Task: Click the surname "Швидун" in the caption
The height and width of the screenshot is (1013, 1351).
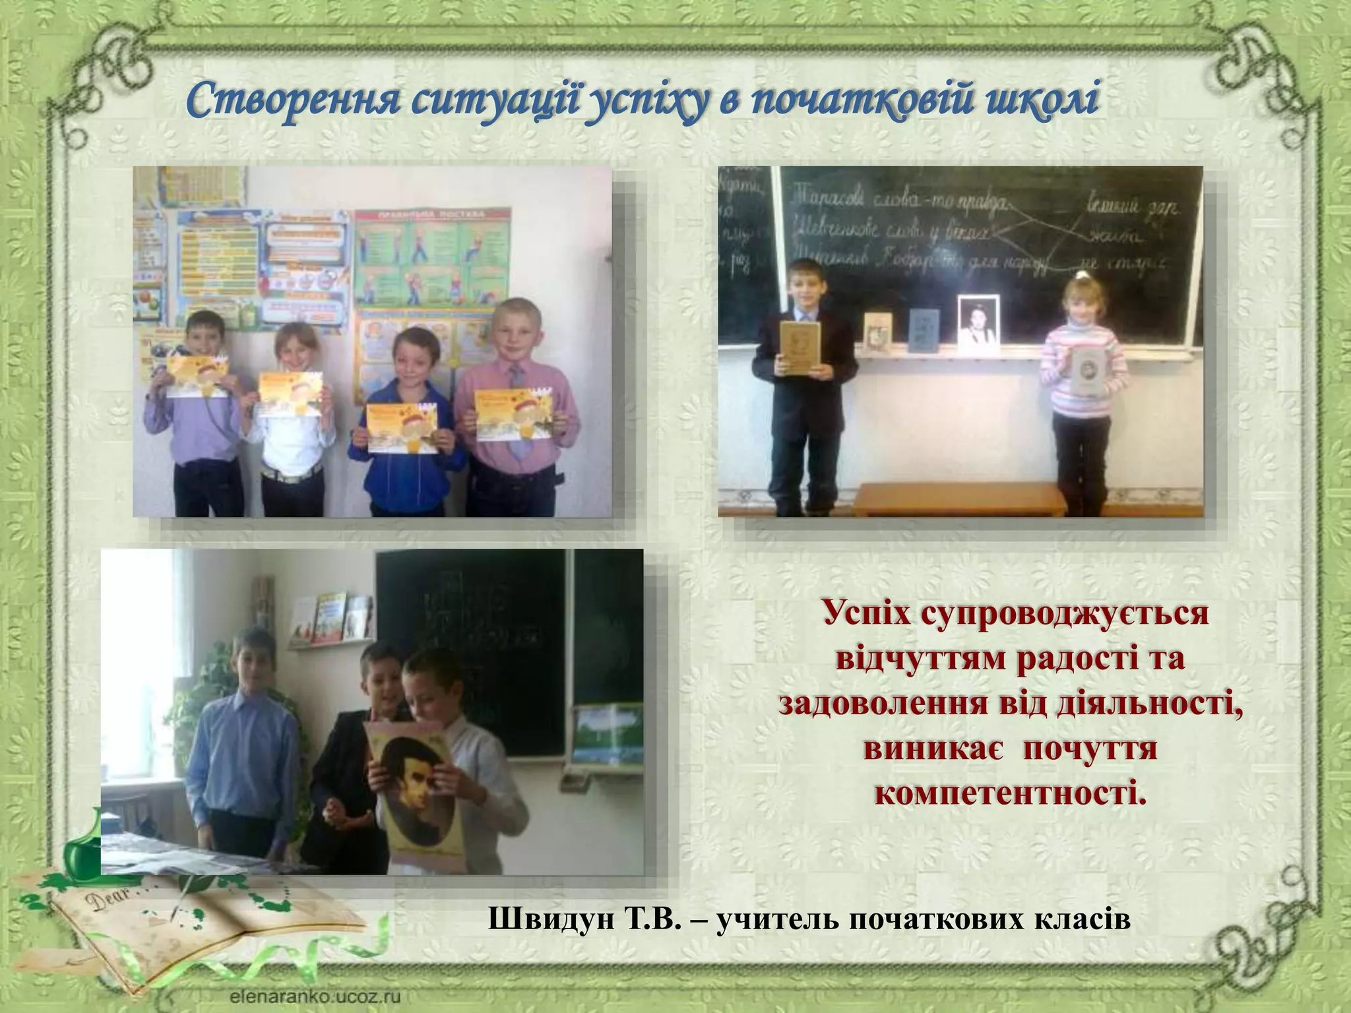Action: (550, 919)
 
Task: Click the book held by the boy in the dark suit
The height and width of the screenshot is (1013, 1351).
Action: (800, 348)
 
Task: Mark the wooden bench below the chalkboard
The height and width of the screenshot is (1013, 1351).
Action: (960, 499)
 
